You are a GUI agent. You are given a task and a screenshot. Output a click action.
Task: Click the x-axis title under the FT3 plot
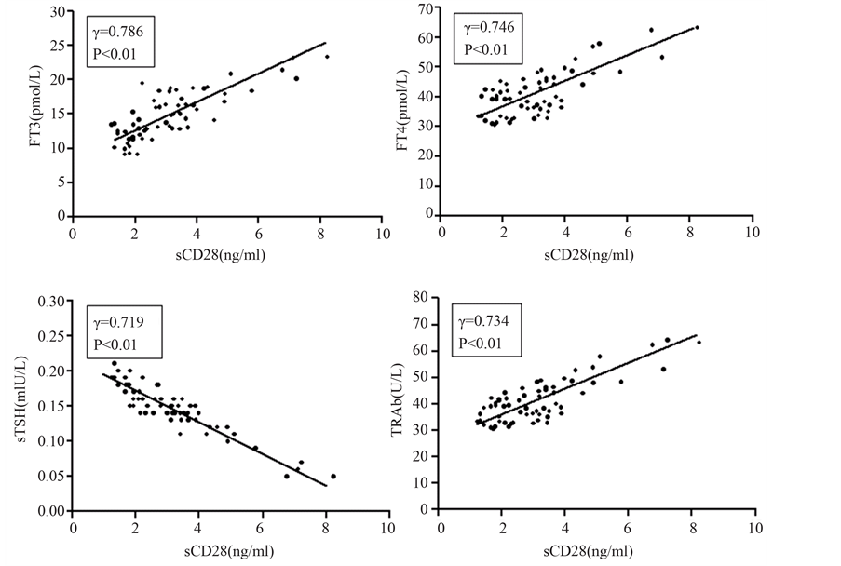click(x=224, y=256)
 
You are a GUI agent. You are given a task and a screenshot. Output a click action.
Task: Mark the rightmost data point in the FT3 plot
click(x=327, y=57)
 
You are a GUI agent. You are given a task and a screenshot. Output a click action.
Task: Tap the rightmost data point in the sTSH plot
click(x=332, y=476)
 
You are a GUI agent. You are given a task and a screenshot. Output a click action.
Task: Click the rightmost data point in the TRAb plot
click(x=699, y=342)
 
